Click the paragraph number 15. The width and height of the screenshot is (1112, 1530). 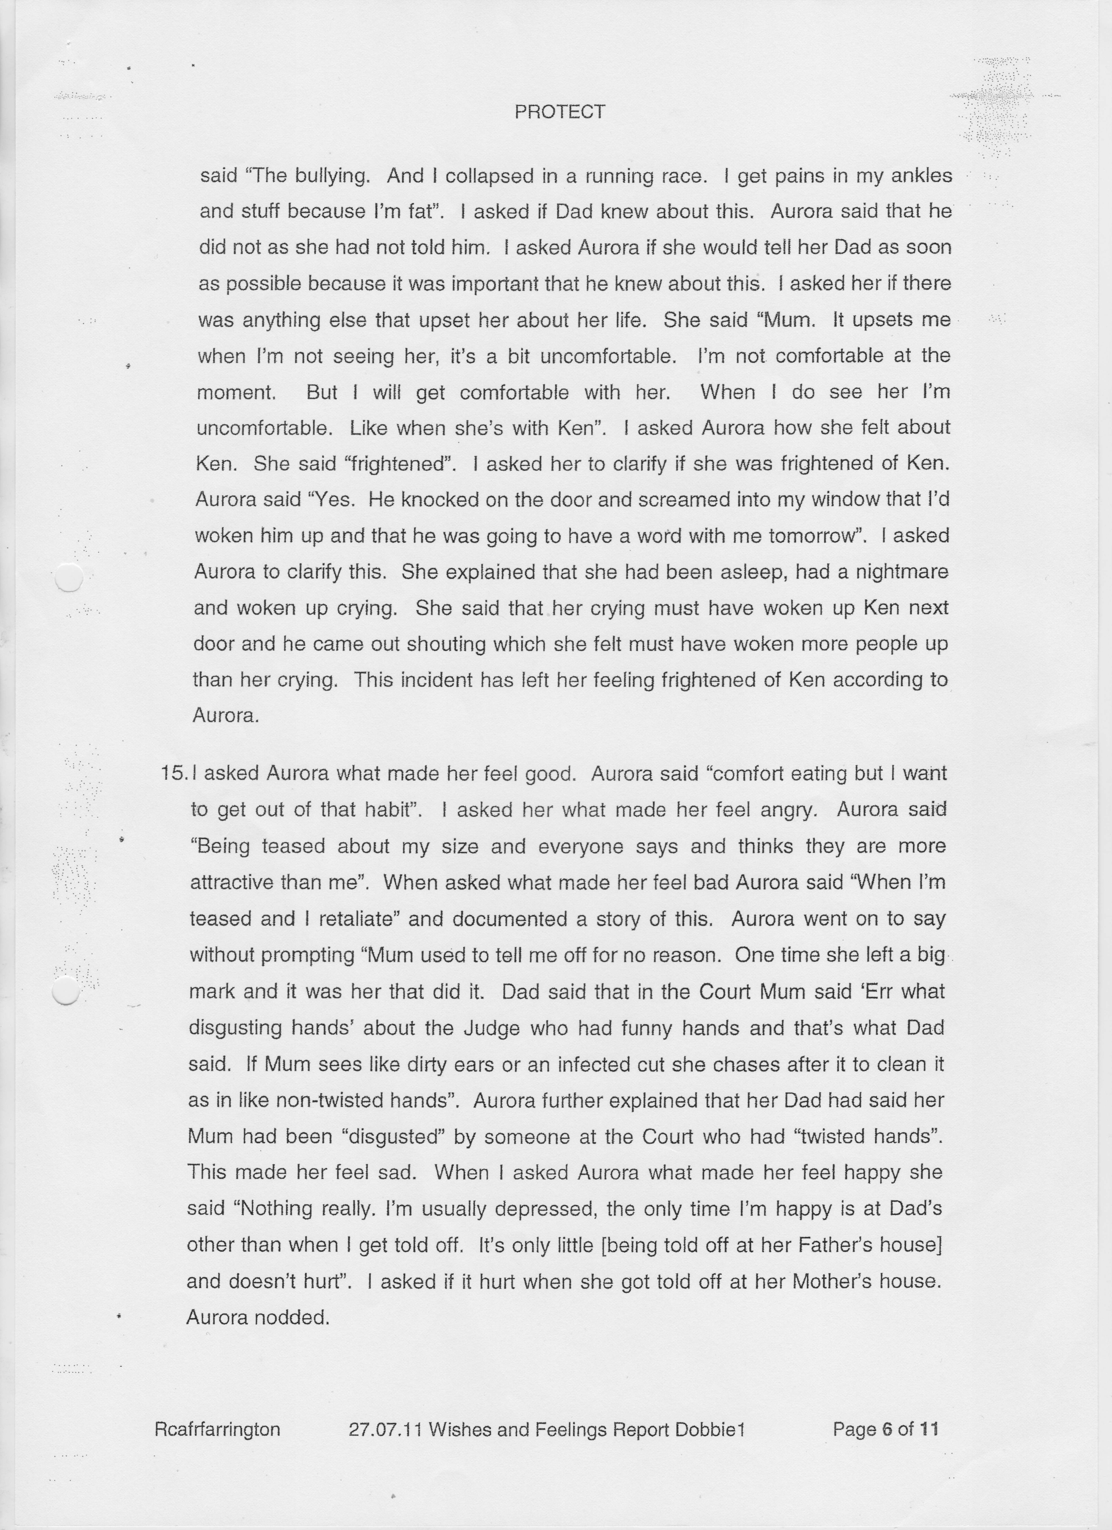pyautogui.click(x=174, y=773)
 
